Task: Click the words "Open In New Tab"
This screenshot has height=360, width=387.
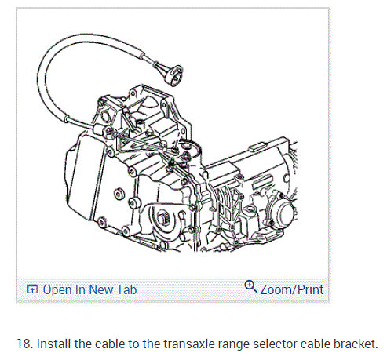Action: pyautogui.click(x=89, y=289)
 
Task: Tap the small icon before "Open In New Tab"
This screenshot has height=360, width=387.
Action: pyautogui.click(x=32, y=289)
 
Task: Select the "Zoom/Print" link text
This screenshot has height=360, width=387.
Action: pyautogui.click(x=291, y=289)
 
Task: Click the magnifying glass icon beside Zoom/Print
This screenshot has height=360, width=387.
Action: pyautogui.click(x=250, y=287)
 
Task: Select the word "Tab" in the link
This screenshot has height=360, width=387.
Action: pyautogui.click(x=127, y=289)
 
